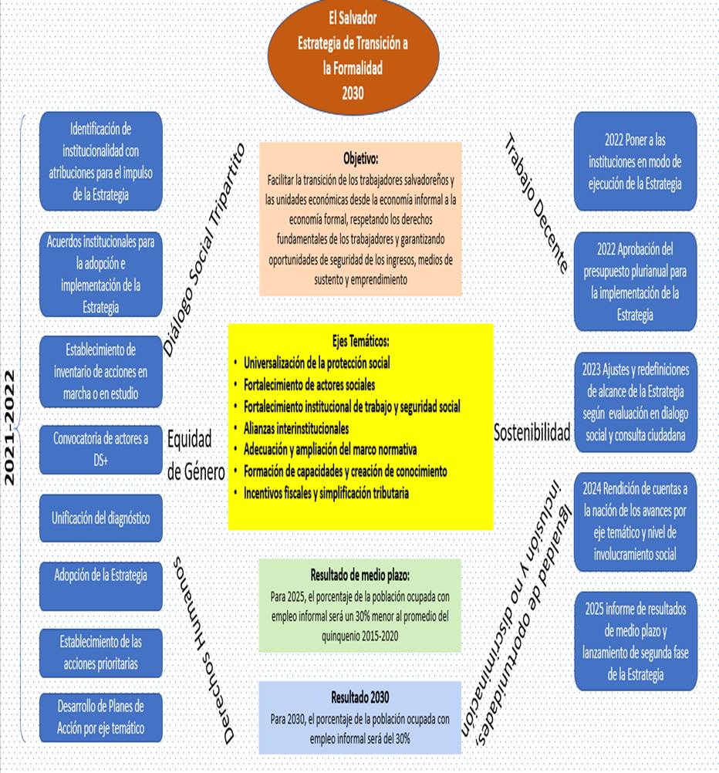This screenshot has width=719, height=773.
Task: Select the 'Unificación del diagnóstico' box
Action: pos(101,518)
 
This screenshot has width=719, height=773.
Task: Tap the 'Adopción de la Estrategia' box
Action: pos(101,586)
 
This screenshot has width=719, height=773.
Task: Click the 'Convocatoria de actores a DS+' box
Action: pos(101,449)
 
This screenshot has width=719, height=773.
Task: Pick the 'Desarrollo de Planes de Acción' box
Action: pos(101,716)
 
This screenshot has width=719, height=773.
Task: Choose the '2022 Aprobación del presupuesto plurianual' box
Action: pos(635,282)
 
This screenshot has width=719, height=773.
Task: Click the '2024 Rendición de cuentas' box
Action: pos(635,522)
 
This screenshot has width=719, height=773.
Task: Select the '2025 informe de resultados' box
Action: pos(635,641)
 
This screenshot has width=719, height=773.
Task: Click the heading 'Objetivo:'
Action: pos(360,160)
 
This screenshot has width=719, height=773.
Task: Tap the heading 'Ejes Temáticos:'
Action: pos(360,340)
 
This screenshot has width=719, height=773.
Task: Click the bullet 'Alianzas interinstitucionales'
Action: pos(296,427)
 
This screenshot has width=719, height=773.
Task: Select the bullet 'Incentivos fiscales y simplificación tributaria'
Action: pos(326,492)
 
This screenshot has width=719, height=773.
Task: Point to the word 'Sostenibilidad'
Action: pos(532,433)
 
